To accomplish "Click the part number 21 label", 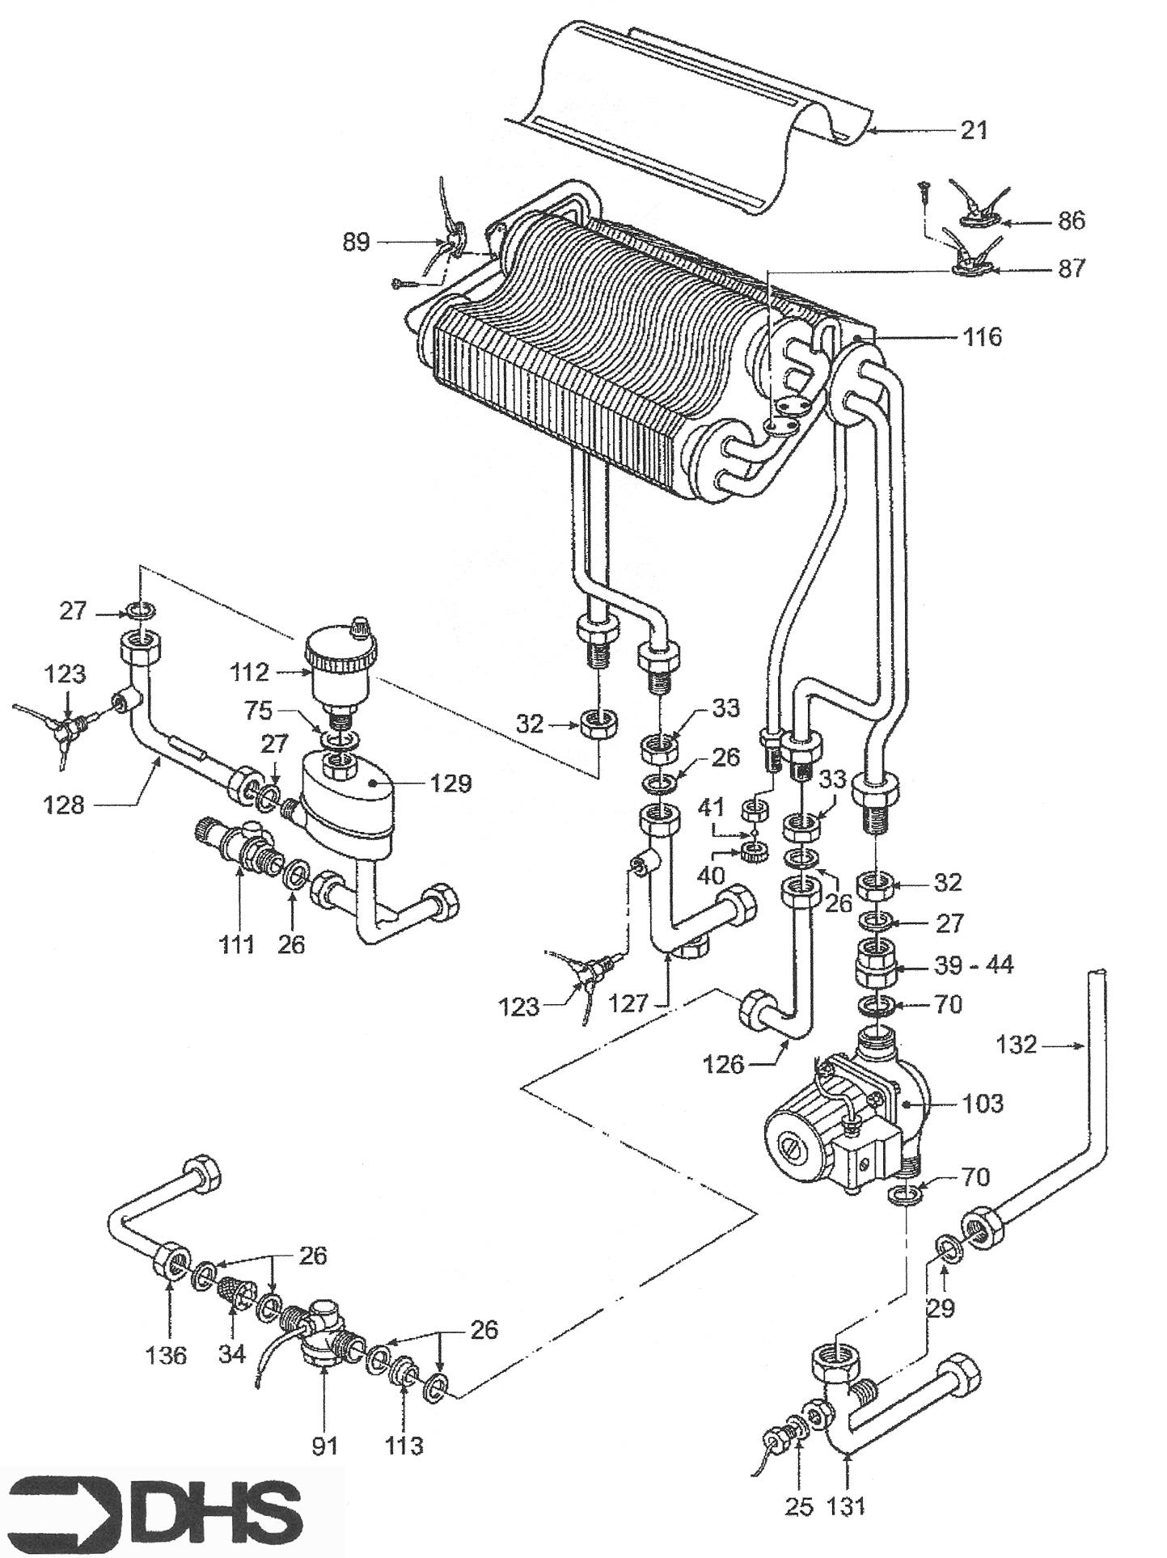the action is [x=974, y=129].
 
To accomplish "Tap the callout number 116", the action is [x=981, y=336].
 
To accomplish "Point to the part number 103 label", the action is [x=983, y=1103].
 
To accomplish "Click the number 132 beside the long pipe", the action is [x=1016, y=1045].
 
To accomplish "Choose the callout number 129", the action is [x=450, y=783].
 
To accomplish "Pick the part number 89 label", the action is [x=356, y=242].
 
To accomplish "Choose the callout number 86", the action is [x=1070, y=220].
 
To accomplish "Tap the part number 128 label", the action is [x=64, y=804].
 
